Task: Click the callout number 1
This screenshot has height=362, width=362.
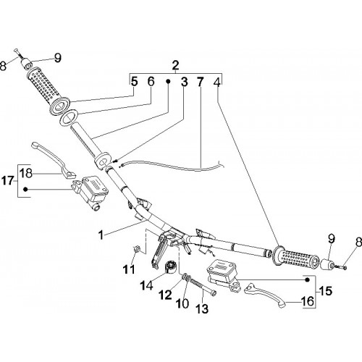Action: [x=101, y=235]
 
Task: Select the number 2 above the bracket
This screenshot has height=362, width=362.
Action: [x=175, y=65]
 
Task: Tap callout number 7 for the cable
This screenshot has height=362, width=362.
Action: [x=200, y=83]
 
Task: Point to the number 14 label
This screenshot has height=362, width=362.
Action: [x=146, y=285]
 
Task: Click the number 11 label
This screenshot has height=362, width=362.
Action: [x=129, y=269]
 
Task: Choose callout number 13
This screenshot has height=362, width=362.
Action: [x=202, y=308]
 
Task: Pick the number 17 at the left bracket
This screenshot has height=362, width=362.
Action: [x=8, y=180]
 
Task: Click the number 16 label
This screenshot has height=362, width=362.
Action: [x=308, y=301]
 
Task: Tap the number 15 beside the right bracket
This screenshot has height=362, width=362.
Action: [x=326, y=291]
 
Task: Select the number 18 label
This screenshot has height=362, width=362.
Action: [x=26, y=173]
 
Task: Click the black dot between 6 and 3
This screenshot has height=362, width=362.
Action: [x=168, y=82]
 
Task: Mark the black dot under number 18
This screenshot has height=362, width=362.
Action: [x=25, y=190]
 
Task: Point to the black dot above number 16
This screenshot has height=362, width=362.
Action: [x=307, y=279]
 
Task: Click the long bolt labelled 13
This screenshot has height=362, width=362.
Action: [x=203, y=287]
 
